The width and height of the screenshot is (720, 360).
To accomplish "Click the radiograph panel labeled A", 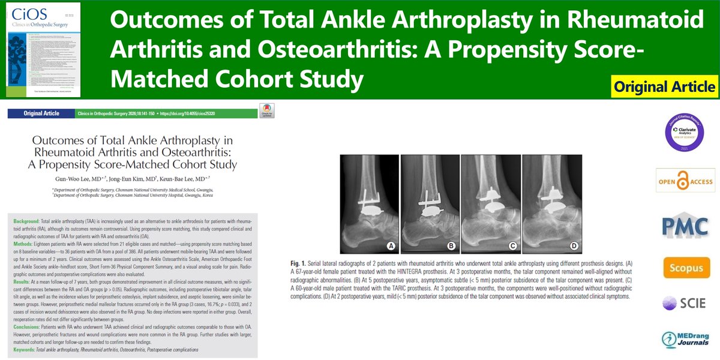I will point(368,204).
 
